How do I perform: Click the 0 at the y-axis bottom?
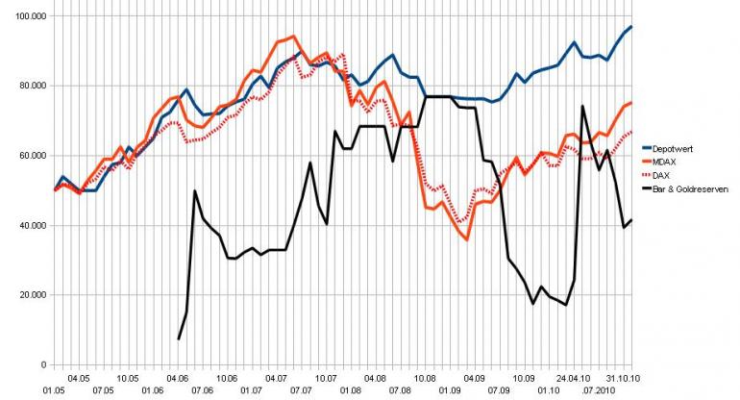point(41,365)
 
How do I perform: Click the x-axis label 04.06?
point(178,379)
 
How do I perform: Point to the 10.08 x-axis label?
point(425,379)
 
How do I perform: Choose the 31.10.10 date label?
point(622,379)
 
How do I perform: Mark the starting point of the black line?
point(179,338)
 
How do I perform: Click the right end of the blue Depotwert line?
point(631,27)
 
